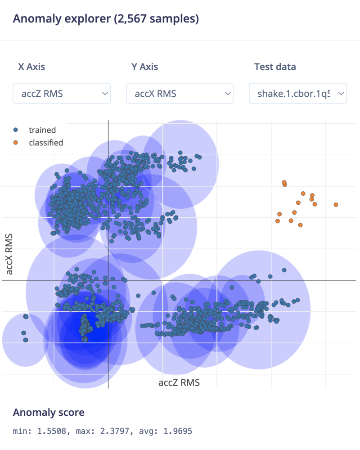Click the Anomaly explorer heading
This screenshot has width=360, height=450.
pyautogui.click(x=106, y=19)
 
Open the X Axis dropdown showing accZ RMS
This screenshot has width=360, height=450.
pyautogui.click(x=62, y=94)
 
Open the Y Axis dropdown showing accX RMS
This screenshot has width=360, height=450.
pyautogui.click(x=180, y=94)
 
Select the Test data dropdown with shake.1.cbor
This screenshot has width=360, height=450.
pyautogui.click(x=297, y=94)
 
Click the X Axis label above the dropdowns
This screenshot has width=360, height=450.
pyautogui.click(x=31, y=67)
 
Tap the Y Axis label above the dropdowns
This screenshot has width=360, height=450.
pyautogui.click(x=144, y=67)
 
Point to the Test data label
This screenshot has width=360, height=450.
pyautogui.click(x=275, y=67)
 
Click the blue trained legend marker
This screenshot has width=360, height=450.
pyautogui.click(x=16, y=130)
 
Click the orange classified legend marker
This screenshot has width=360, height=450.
pyautogui.click(x=16, y=143)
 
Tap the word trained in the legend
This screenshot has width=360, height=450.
pyautogui.click(x=42, y=130)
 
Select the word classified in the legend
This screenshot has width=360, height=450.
pyautogui.click(x=46, y=143)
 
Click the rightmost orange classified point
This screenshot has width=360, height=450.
pyautogui.click(x=336, y=205)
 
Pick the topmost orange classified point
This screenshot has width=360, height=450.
pyautogui.click(x=284, y=182)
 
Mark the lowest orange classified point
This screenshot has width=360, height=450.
pyautogui.click(x=300, y=225)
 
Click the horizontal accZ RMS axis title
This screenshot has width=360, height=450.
pyautogui.click(x=179, y=383)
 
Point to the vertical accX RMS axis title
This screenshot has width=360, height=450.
pyautogui.click(x=10, y=254)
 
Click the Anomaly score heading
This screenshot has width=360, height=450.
pyautogui.click(x=48, y=413)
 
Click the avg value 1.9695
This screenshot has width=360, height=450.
pyautogui.click(x=175, y=432)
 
